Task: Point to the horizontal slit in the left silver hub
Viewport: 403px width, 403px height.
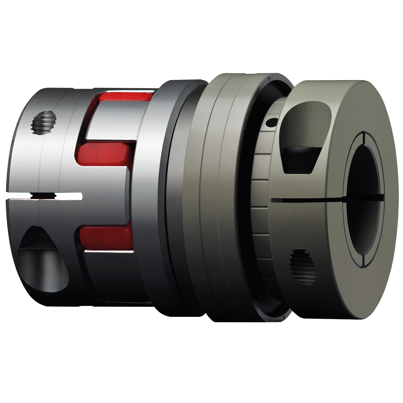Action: pyautogui.click(x=46, y=197)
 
